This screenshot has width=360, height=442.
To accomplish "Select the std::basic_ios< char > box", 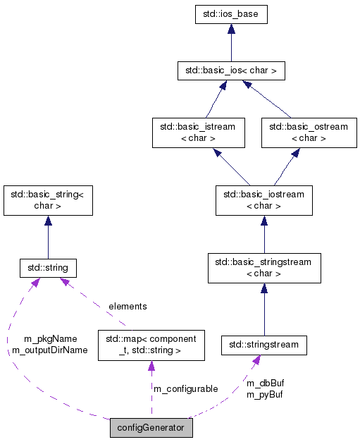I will click(231, 70).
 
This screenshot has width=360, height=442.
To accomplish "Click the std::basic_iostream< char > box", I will click(263, 201).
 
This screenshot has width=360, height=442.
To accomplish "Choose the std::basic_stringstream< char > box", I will click(263, 268).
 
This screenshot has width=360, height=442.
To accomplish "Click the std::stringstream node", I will click(263, 345).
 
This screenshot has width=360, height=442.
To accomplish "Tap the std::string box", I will click(48, 268).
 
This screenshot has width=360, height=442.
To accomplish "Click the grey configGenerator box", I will click(151, 428).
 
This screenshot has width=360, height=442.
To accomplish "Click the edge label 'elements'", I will click(128, 306).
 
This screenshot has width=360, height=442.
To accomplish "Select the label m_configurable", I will click(185, 388).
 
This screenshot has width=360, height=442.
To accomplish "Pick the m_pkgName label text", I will click(50, 338).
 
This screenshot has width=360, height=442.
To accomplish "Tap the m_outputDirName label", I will click(50, 350).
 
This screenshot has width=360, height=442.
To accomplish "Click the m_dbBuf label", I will click(265, 383).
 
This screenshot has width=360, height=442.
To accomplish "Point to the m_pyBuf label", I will click(265, 394).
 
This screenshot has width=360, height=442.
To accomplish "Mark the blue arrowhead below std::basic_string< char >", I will click(48, 221).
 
